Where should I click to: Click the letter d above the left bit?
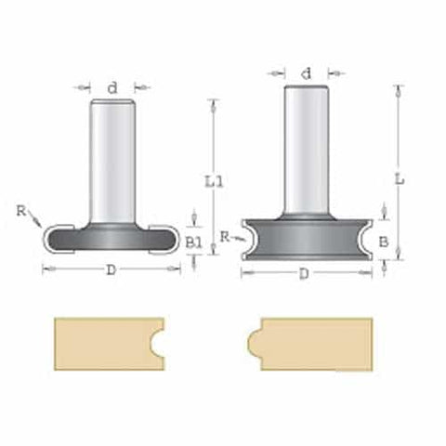coord(112,87)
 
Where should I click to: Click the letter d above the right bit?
coord(308,72)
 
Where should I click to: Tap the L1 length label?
coord(214,182)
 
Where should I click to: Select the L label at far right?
coord(399,180)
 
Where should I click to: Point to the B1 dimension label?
coord(193,242)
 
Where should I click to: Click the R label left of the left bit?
coord(21,211)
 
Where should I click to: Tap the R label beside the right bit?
coord(225,238)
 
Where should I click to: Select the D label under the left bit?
coord(111,269)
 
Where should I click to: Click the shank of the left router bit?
coord(112,158)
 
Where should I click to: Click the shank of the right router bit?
coord(308,149)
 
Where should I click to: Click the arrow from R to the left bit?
coord(35,221)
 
